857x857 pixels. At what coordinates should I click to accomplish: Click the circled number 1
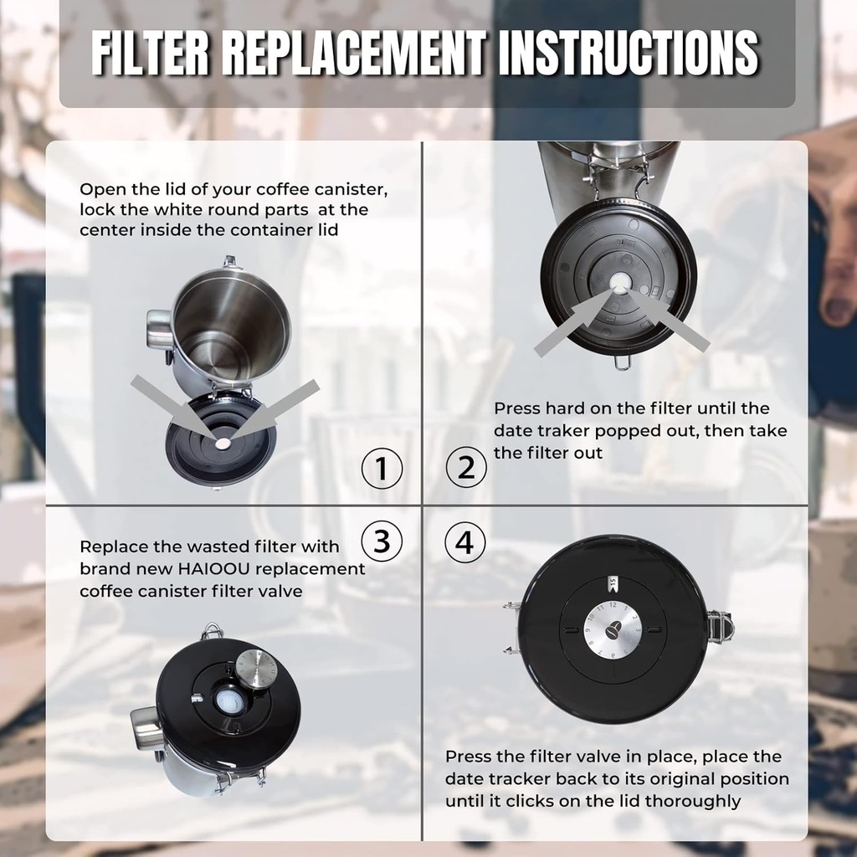(x=382, y=470)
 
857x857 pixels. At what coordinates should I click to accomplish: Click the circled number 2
(x=466, y=467)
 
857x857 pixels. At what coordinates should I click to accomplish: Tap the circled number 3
(x=382, y=542)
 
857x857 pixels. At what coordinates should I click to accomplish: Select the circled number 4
(x=464, y=544)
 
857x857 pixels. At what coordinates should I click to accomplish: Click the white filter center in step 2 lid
(x=618, y=285)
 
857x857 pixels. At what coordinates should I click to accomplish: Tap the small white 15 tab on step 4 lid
(x=612, y=580)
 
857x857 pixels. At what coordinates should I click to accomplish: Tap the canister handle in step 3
(x=146, y=725)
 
